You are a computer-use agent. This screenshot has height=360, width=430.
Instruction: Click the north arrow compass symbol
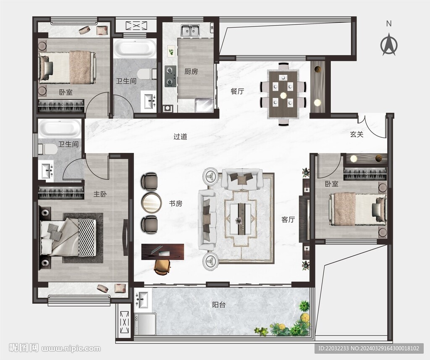(389, 44)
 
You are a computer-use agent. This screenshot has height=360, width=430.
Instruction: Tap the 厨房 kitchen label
(191, 71)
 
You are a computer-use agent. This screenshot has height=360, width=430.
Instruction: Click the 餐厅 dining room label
(237, 91)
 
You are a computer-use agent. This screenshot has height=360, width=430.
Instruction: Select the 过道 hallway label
(180, 137)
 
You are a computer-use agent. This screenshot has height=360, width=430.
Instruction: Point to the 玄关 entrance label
(357, 134)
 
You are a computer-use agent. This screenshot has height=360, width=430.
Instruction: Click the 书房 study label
(176, 204)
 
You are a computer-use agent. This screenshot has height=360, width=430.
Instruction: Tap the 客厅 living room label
(288, 220)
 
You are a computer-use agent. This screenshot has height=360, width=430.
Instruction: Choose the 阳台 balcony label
(219, 305)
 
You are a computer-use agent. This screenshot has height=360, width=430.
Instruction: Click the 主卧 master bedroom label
(100, 194)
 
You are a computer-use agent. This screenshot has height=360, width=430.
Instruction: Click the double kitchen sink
(190, 30)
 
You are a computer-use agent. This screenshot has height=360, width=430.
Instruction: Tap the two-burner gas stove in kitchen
(170, 76)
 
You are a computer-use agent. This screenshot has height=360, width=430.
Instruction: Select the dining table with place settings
(283, 94)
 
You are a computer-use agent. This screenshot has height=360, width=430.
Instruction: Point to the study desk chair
(163, 267)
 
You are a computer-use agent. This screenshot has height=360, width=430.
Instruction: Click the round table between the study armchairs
(151, 203)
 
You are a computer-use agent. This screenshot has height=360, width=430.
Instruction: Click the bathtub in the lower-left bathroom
(60, 129)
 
